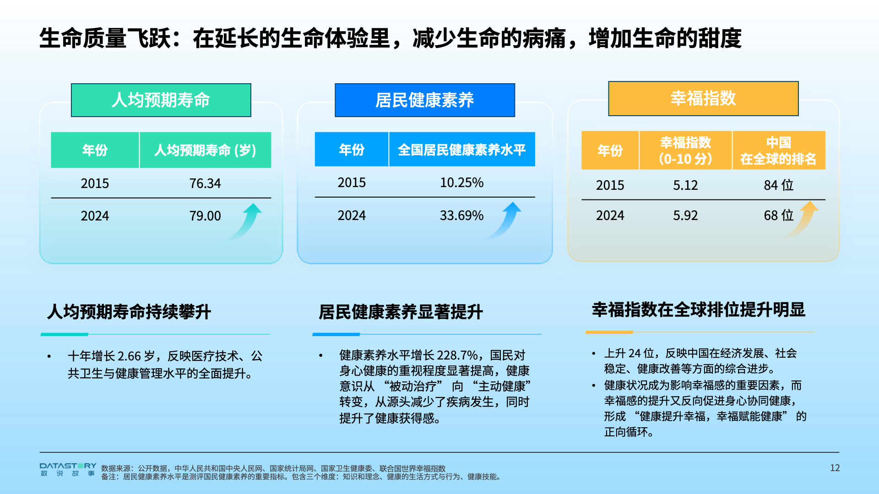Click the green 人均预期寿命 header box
point(161,100)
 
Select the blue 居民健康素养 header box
point(425,100)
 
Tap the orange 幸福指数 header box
point(703,98)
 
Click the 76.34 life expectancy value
point(205,183)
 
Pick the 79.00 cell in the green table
point(205,216)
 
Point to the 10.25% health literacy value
point(461,183)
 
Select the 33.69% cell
point(461,215)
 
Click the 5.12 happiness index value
point(685,185)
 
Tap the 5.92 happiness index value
point(685,215)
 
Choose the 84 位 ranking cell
point(778,185)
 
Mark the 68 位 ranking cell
point(778,215)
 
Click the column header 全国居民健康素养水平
point(461,150)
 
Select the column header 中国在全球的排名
point(778,150)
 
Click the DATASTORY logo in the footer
point(68,470)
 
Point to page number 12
point(835,468)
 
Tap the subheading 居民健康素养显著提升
point(401,312)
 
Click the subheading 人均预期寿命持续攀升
point(129,312)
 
